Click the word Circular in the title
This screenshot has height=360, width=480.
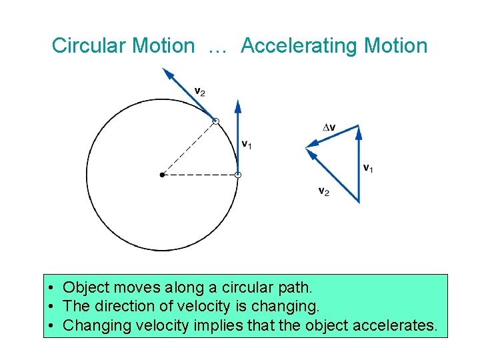coord(89,46)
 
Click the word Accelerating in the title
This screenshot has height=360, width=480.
coord(297,46)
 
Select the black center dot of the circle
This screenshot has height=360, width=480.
coord(162,175)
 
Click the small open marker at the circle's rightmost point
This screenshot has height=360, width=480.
coord(238,175)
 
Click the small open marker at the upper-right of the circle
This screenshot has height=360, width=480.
coord(215,121)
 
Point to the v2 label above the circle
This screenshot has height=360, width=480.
coord(199,91)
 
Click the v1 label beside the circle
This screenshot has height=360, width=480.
coord(246,144)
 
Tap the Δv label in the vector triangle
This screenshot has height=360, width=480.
coord(329,127)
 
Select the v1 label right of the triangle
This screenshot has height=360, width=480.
coord(367,168)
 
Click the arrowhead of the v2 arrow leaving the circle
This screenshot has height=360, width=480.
coord(168,73)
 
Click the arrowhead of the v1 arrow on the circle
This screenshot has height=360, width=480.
coord(238,105)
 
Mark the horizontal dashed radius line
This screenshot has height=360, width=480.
coord(200,175)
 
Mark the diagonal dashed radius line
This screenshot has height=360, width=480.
coord(189,148)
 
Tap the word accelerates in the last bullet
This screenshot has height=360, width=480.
coord(399,325)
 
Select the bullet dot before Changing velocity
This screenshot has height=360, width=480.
coord(51,326)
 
